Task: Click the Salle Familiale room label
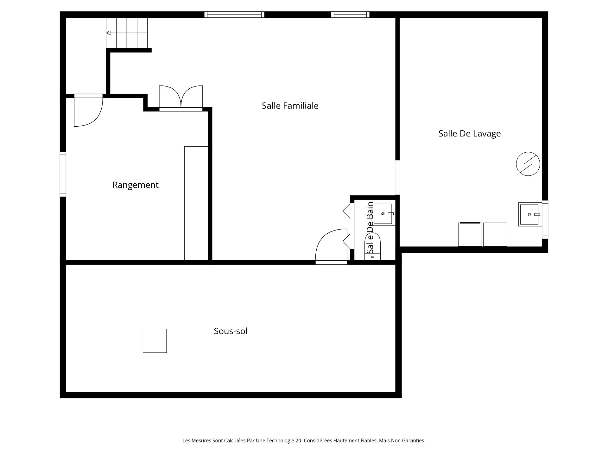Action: tap(290, 106)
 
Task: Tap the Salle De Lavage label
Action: tap(469, 134)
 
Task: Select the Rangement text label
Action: tap(135, 185)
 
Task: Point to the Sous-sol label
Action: tap(231, 331)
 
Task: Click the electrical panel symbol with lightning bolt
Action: tap(528, 164)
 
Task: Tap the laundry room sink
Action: tap(529, 214)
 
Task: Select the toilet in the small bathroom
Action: tap(373, 247)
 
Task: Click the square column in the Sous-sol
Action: tap(155, 341)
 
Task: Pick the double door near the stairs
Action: tap(181, 98)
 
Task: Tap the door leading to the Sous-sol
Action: tap(331, 247)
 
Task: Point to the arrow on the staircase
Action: tap(109, 33)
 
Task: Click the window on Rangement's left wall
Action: tap(63, 174)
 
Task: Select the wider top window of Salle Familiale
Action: tap(234, 14)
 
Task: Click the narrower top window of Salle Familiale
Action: tap(350, 14)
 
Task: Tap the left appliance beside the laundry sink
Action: tap(470, 234)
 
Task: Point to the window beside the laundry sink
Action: tap(545, 219)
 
